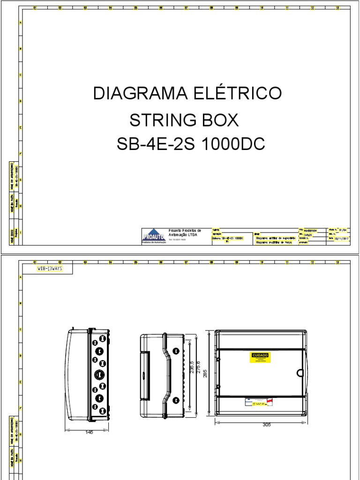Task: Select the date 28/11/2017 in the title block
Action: pyautogui.click(x=342, y=238)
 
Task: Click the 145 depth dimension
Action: pyautogui.click(x=87, y=432)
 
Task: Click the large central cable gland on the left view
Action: pyautogui.click(x=99, y=374)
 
